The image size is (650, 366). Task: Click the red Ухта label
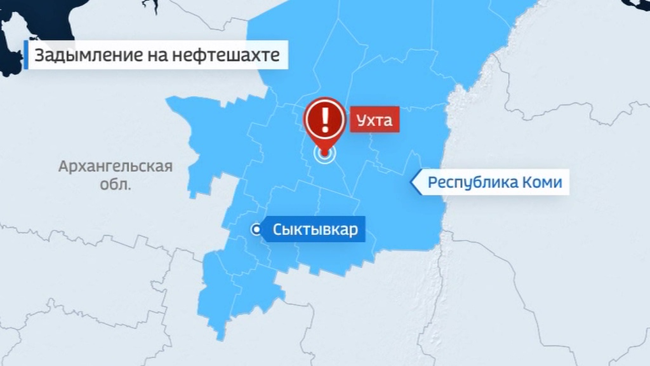pos(375,120)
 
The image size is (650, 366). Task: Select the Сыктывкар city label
pos(315,229)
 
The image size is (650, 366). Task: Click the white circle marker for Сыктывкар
pos(256,229)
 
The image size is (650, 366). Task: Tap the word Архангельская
pos(116,166)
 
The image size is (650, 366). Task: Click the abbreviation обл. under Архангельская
pos(115,184)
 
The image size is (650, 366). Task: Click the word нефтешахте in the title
pos(226,55)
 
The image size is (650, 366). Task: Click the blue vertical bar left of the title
pos(26,55)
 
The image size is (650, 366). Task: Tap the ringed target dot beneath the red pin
pos(324,154)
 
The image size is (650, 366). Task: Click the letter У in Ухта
pos(361,120)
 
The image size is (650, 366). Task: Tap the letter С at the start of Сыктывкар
pos(278,229)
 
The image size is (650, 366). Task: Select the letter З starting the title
pos(39,55)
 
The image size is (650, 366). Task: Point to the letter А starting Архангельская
pos(64,166)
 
